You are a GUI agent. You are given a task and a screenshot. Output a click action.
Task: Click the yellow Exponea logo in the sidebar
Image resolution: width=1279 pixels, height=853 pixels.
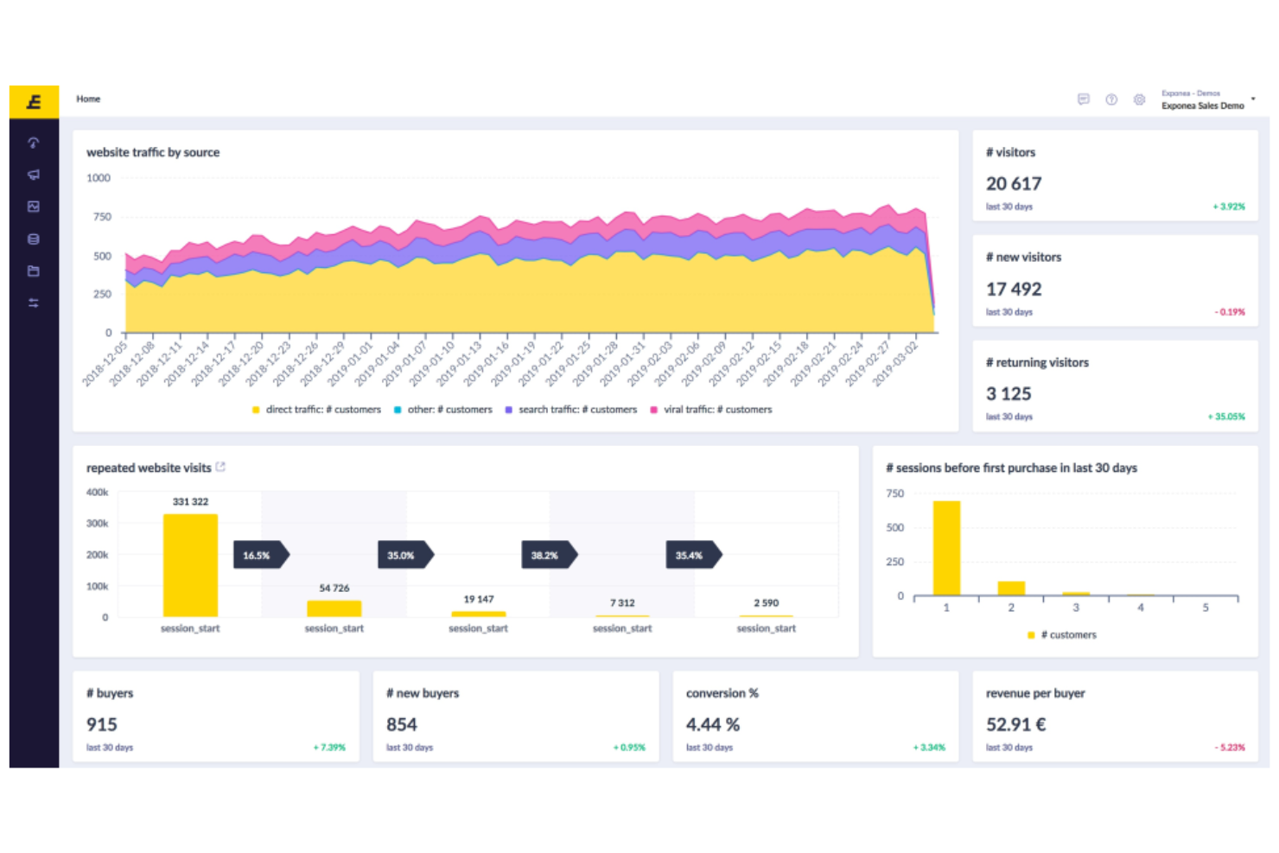coord(34,102)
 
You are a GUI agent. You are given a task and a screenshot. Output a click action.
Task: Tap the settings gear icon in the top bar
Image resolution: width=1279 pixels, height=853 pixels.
coord(1139,100)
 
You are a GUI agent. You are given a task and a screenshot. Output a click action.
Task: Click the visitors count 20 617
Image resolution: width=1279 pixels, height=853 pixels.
coord(1014,184)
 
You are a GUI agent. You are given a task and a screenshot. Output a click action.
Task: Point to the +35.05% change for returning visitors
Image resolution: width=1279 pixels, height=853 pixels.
coord(1225,417)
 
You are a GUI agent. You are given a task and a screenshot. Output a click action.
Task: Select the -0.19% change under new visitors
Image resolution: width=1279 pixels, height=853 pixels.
coord(1230,312)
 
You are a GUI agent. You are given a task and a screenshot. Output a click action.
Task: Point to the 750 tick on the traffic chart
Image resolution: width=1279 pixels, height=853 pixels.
coord(102,217)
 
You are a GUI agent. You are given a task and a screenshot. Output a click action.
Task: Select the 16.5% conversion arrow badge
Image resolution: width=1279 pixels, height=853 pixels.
coord(258,556)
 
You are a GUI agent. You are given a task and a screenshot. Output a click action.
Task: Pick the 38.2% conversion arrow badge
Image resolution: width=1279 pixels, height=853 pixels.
coord(547,556)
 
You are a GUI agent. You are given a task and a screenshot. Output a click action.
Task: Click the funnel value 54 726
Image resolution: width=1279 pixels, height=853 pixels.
coord(334,588)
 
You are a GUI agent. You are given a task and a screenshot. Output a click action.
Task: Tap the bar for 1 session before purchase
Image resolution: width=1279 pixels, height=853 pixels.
coord(946,548)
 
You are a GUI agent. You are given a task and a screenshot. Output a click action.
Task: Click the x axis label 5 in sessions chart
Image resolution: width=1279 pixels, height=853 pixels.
coord(1206,608)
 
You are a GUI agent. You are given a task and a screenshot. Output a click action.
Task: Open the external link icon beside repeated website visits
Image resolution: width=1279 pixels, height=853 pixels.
coord(220,467)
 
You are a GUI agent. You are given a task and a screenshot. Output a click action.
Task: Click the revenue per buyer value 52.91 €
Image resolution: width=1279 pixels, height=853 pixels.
coord(1015,724)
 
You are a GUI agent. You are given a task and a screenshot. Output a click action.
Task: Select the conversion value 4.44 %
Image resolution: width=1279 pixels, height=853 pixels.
coord(713,724)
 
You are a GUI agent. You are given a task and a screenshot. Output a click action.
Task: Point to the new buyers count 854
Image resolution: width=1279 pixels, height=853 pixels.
coord(402,724)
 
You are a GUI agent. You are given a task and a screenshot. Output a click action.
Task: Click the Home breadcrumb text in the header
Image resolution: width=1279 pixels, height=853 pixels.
coord(88,99)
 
